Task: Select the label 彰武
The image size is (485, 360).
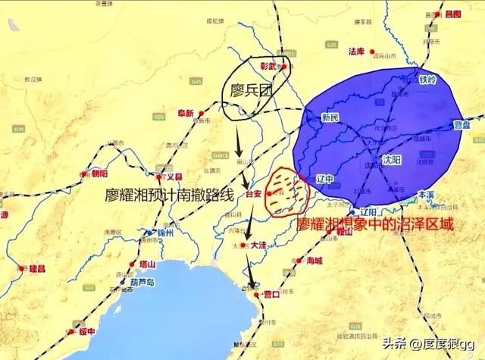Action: tap(270, 67)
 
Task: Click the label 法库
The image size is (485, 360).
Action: tap(357, 52)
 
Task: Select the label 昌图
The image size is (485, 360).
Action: tap(453, 14)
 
